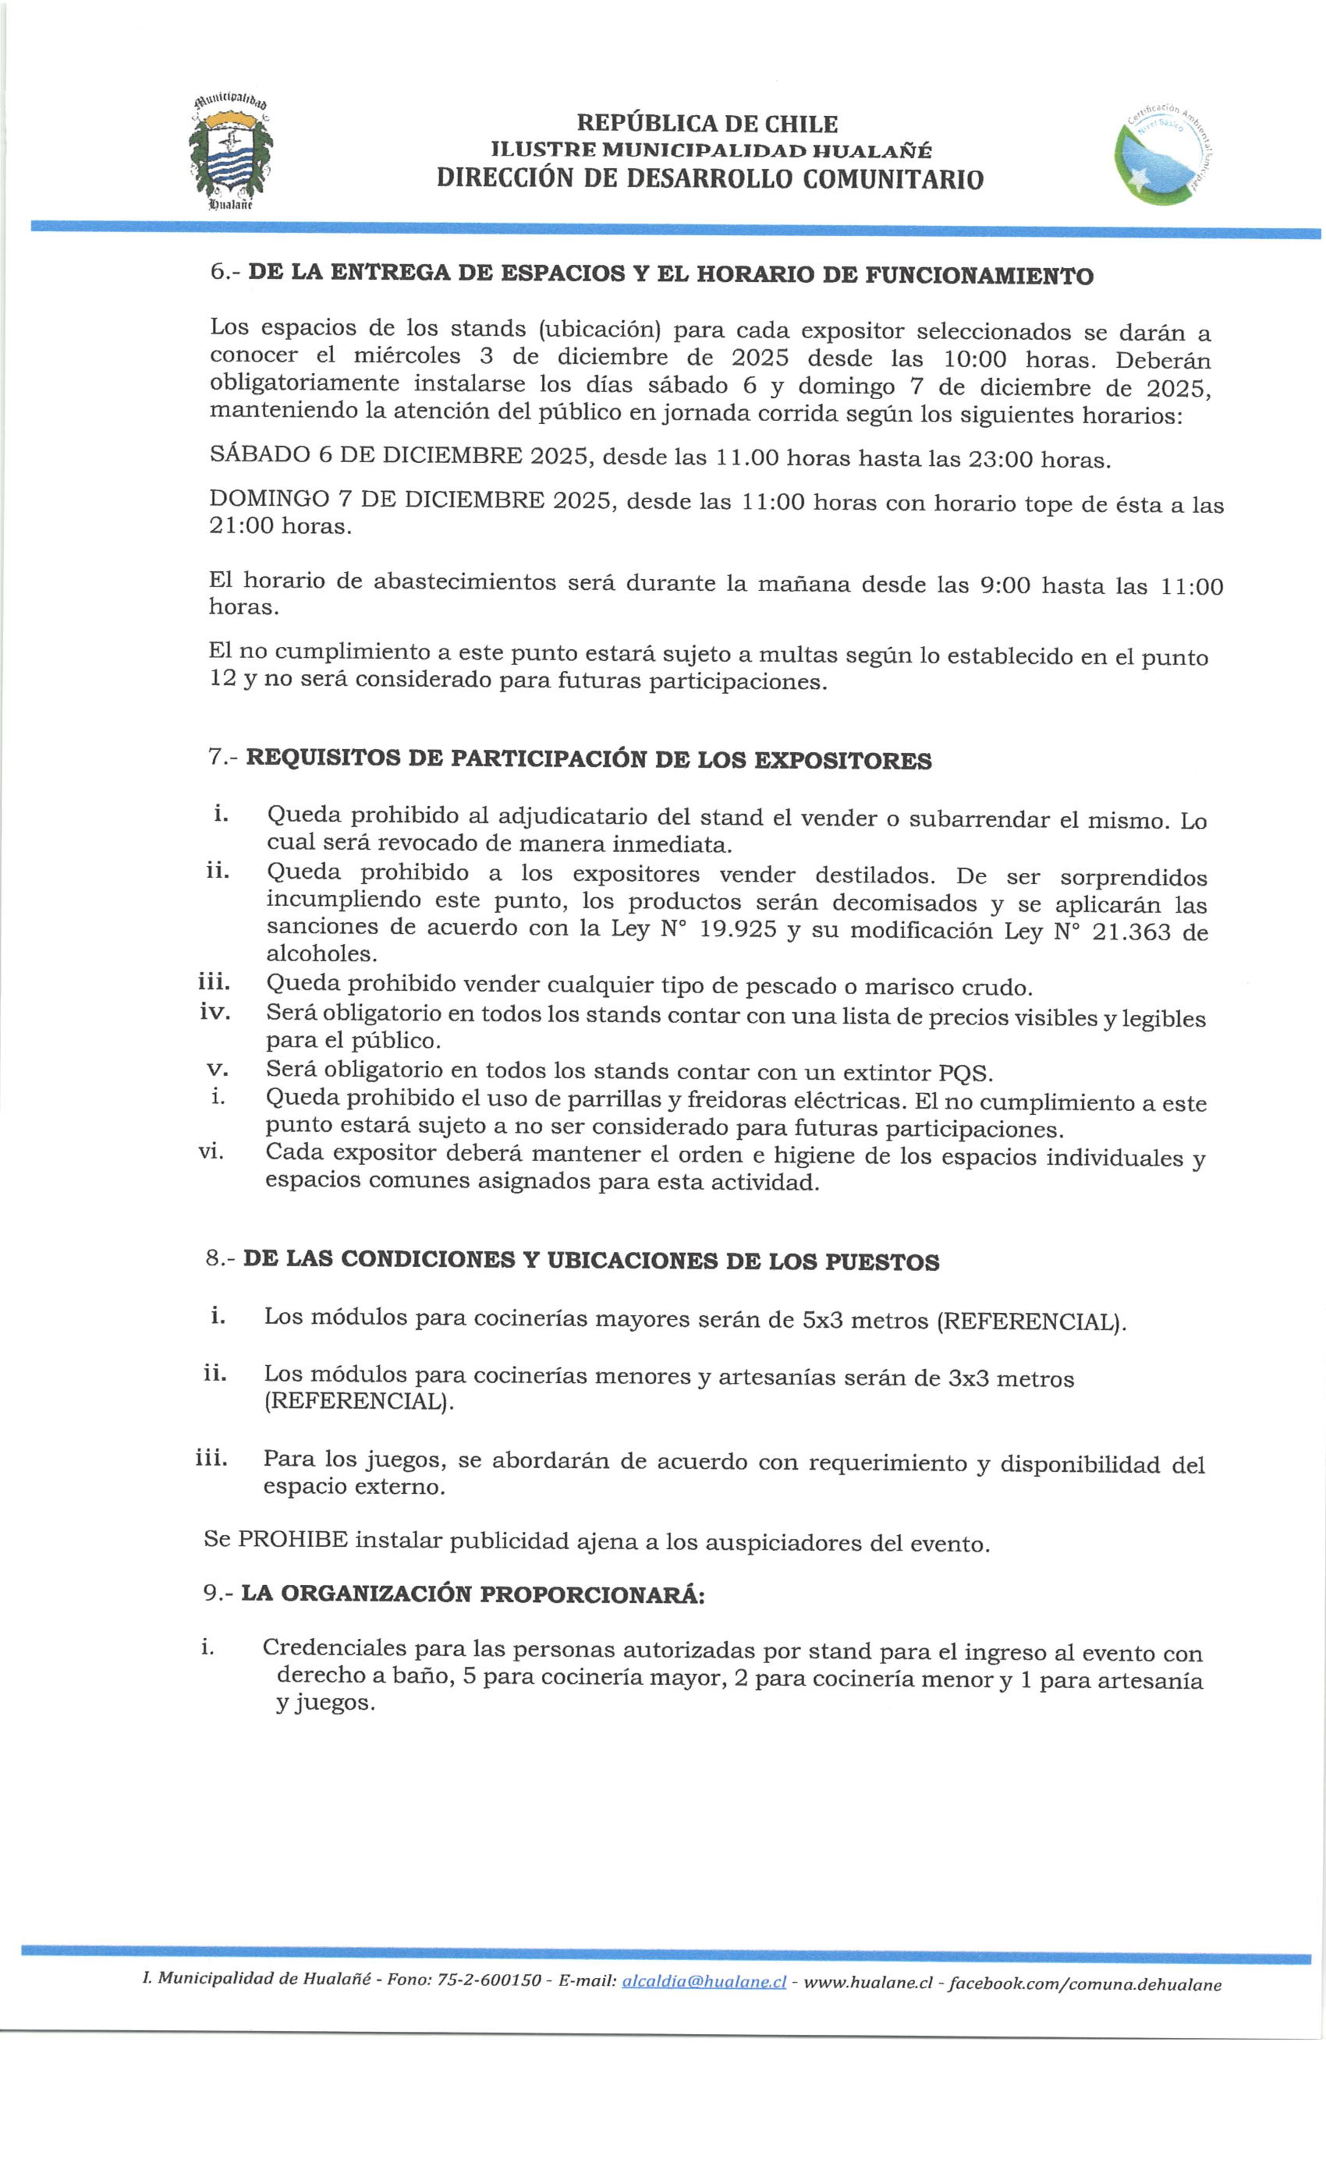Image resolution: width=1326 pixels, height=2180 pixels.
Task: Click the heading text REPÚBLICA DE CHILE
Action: [x=706, y=123]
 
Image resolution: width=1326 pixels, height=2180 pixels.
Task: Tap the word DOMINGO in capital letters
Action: [x=267, y=499]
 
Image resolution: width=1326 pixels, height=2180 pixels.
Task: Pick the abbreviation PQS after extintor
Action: [x=963, y=1073]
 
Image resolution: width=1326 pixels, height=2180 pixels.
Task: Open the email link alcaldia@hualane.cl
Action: [x=703, y=1982]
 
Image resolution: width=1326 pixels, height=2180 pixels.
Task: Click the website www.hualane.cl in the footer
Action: [x=867, y=1983]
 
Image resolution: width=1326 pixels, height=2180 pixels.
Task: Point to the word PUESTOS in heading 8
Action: [x=881, y=1262]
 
